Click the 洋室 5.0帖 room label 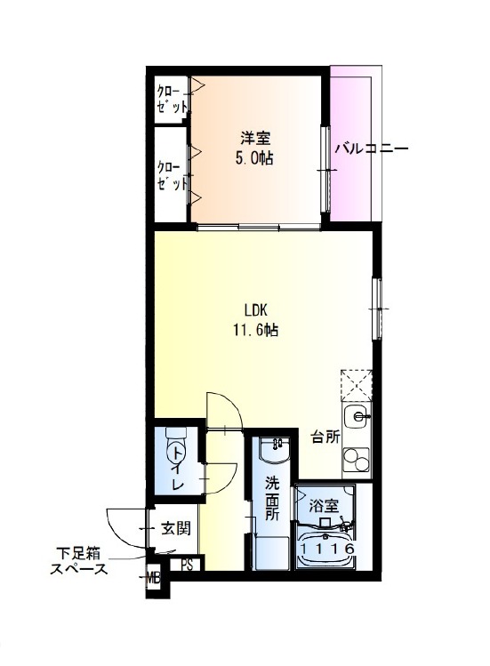(254, 148)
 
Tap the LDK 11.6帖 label (255, 319)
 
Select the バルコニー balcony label (372, 149)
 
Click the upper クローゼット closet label (172, 99)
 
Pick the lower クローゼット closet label (172, 175)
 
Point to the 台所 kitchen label (326, 437)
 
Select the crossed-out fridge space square (356, 385)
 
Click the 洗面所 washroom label (272, 499)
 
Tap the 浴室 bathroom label (324, 507)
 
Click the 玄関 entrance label (176, 529)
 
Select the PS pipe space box (187, 565)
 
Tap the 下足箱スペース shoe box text (78, 561)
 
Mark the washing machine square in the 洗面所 (272, 553)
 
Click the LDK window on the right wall (376, 309)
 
